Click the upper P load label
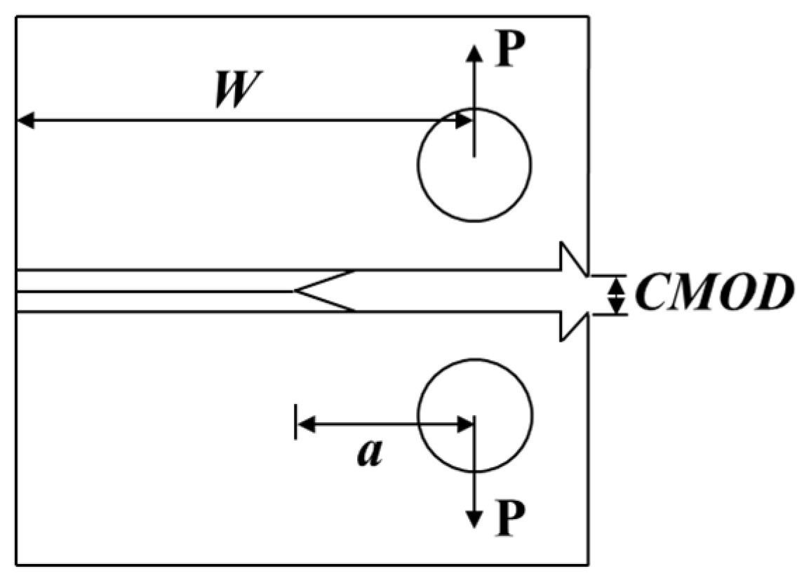point(511,53)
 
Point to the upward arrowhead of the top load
point(474,52)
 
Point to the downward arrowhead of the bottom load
point(474,520)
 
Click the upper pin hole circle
point(474,163)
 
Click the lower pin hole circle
point(474,415)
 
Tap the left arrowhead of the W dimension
point(25,121)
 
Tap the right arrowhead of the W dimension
point(464,121)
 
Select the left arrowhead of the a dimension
point(306,424)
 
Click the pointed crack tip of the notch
point(296,291)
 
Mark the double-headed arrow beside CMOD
point(615,295)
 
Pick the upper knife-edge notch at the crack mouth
point(572,258)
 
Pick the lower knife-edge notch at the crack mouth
point(572,326)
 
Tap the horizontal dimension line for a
point(385,424)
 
